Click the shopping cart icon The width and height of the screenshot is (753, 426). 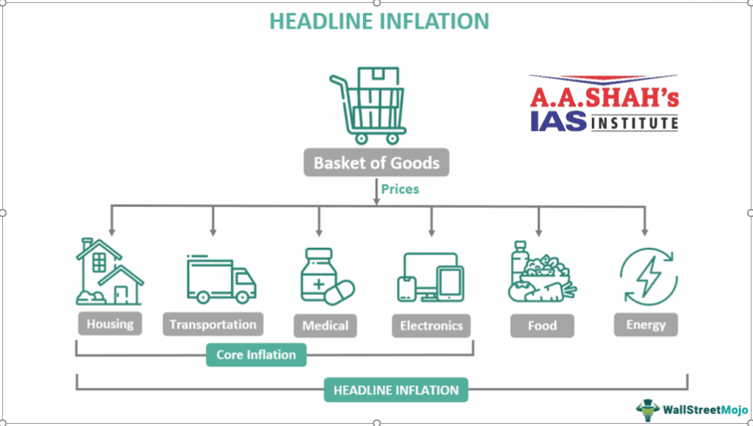tap(368, 107)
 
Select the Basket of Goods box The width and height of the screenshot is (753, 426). tap(376, 163)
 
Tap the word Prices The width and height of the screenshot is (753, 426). tap(400, 189)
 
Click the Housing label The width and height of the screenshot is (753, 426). tap(110, 324)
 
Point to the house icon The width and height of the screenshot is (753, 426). tap(110, 271)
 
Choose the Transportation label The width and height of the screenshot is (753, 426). tap(213, 324)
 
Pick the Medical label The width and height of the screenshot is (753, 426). tap(325, 325)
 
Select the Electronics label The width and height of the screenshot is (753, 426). tap(432, 325)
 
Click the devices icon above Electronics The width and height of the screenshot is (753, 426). tap(432, 277)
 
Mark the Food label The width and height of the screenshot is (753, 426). tap(542, 325)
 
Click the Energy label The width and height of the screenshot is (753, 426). tap(646, 324)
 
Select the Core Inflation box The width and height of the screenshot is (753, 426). tap(256, 355)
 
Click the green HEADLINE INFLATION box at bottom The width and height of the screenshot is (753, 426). tap(396, 391)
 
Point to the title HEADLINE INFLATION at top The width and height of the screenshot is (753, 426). tap(379, 21)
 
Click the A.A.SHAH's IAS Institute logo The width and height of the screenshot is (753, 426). tap(604, 103)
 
